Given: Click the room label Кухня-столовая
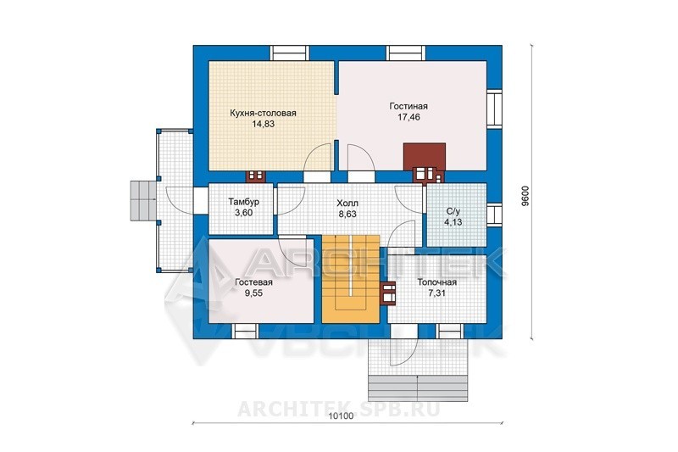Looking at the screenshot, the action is click(263, 114).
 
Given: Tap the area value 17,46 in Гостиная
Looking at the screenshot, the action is click(408, 117).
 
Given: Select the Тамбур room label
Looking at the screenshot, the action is click(244, 202).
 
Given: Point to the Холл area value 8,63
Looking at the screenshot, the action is click(347, 214).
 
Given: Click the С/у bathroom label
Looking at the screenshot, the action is click(453, 211).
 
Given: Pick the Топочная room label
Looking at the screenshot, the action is click(436, 282).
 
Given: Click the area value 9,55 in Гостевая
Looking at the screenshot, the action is click(253, 293).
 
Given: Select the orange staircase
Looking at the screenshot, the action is click(351, 279).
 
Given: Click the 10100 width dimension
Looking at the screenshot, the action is click(342, 416).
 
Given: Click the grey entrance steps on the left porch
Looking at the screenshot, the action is click(143, 201).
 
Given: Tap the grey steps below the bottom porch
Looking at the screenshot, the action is click(418, 388).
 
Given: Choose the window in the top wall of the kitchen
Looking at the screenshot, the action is click(290, 53).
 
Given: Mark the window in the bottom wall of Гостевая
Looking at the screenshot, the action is click(247, 331).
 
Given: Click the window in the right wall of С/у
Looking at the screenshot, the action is click(495, 215).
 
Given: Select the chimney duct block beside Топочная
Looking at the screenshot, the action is click(388, 293).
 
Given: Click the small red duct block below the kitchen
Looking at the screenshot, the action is click(256, 176).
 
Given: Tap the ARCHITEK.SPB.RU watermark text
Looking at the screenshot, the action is click(338, 408).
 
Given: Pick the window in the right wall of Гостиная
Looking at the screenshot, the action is click(495, 109).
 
